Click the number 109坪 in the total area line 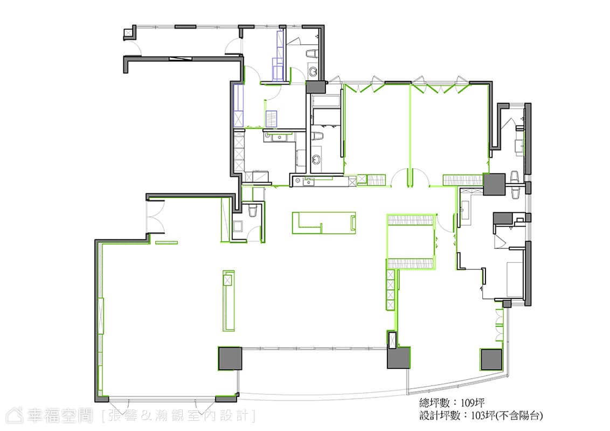coord(473,402)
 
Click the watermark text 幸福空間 coord(59,415)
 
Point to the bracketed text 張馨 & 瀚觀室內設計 coord(178,415)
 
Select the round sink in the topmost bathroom coord(314,71)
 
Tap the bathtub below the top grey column coord(327,102)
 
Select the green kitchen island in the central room coord(324,223)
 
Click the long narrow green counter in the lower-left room coord(228,301)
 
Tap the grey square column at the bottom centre coord(230,358)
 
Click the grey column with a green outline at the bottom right coord(491,359)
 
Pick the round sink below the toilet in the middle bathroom coord(316,159)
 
